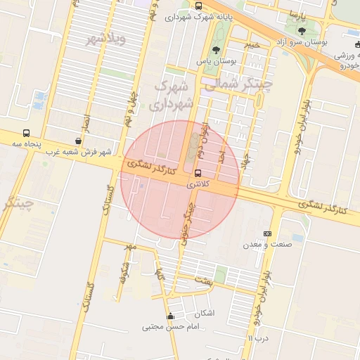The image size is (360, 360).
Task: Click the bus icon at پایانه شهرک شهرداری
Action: tap(199, 6)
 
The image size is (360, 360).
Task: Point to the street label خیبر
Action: tap(251, 45)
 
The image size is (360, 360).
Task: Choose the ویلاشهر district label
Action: tap(105, 39)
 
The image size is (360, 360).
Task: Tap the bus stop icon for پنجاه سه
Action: tap(27, 133)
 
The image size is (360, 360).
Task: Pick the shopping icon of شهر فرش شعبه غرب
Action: tap(78, 141)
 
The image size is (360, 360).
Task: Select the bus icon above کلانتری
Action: tap(197, 172)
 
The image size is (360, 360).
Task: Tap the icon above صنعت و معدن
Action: tap(267, 233)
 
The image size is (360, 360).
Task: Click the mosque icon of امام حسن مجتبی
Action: tap(169, 316)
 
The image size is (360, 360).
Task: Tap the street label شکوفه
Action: tap(125, 268)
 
